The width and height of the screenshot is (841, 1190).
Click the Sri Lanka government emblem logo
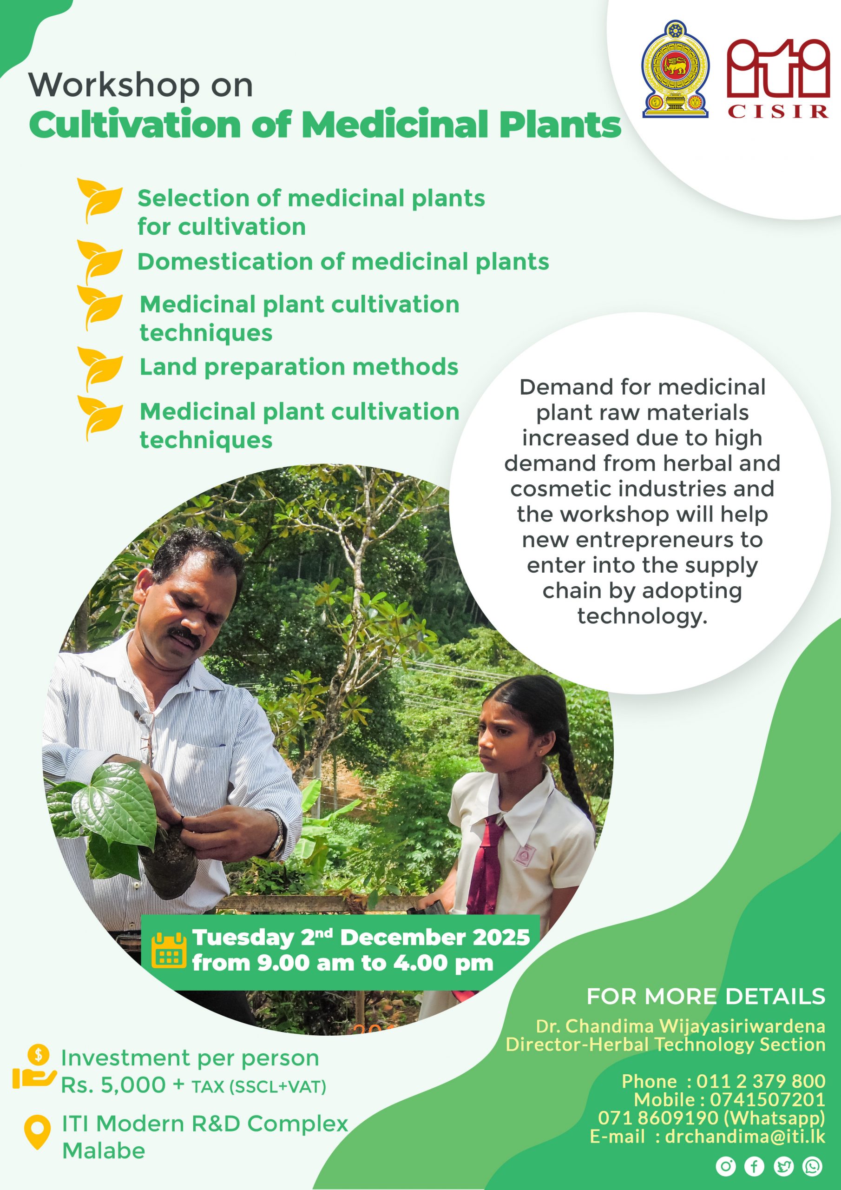pyautogui.click(x=676, y=69)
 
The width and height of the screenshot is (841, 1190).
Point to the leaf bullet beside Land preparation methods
pyautogui.click(x=100, y=370)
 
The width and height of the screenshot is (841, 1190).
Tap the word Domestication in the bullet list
pyautogui.click(x=225, y=261)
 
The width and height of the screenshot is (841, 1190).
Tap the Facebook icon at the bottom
pyautogui.click(x=755, y=1166)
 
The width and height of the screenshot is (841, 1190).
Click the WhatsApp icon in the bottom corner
pyautogui.click(x=812, y=1166)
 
